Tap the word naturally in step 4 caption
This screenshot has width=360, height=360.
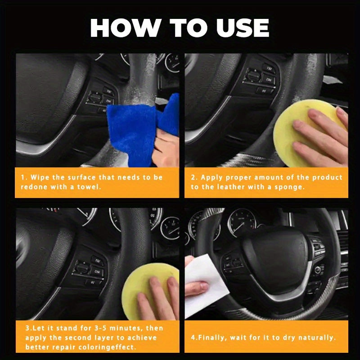pyautogui.click(x=316, y=337)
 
